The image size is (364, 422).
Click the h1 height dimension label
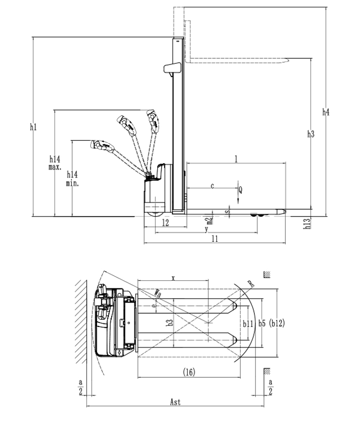click(x=33, y=127)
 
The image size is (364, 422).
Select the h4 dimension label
click(x=326, y=112)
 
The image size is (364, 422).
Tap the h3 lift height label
click(x=311, y=134)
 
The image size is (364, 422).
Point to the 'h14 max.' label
click(x=55, y=163)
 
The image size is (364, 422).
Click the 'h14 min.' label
click(x=72, y=178)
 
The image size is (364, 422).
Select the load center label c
click(x=212, y=186)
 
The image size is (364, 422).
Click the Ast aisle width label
click(x=175, y=402)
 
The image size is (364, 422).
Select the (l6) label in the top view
click(x=189, y=372)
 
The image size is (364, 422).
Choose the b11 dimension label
click(x=248, y=323)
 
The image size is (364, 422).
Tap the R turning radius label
click(x=250, y=283)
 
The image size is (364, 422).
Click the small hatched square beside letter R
click(x=266, y=274)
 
